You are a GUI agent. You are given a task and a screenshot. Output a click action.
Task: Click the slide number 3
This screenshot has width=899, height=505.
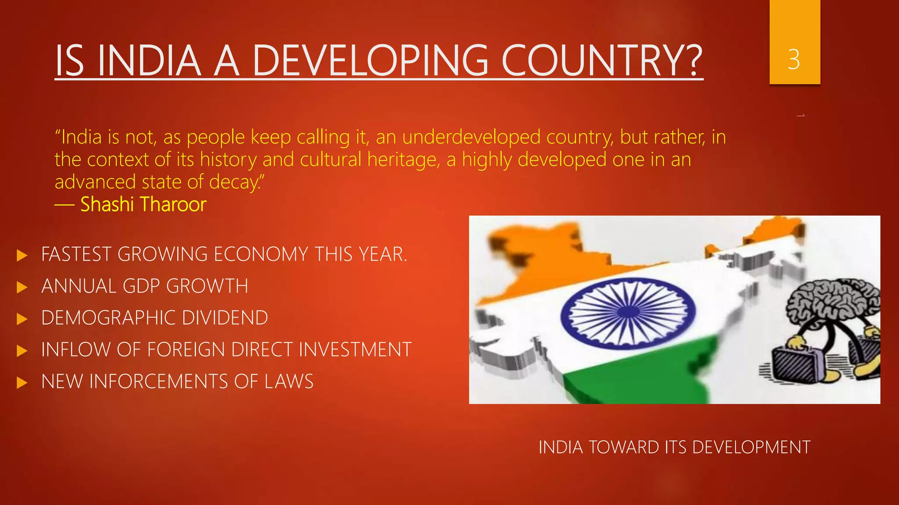click(794, 60)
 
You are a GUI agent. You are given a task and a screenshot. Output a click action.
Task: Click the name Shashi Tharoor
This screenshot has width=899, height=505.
click(143, 204)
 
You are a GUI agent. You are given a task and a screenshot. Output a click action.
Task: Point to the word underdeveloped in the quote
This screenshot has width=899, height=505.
click(471, 137)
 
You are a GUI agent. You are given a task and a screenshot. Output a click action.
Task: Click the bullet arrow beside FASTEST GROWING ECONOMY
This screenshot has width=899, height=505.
click(22, 255)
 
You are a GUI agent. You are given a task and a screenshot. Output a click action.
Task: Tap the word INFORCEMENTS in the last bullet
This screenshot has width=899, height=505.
click(158, 381)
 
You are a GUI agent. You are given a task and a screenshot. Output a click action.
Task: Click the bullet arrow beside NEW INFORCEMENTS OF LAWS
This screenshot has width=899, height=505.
click(22, 383)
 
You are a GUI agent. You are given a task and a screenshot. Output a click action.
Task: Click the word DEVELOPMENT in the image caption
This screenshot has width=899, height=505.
click(751, 448)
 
